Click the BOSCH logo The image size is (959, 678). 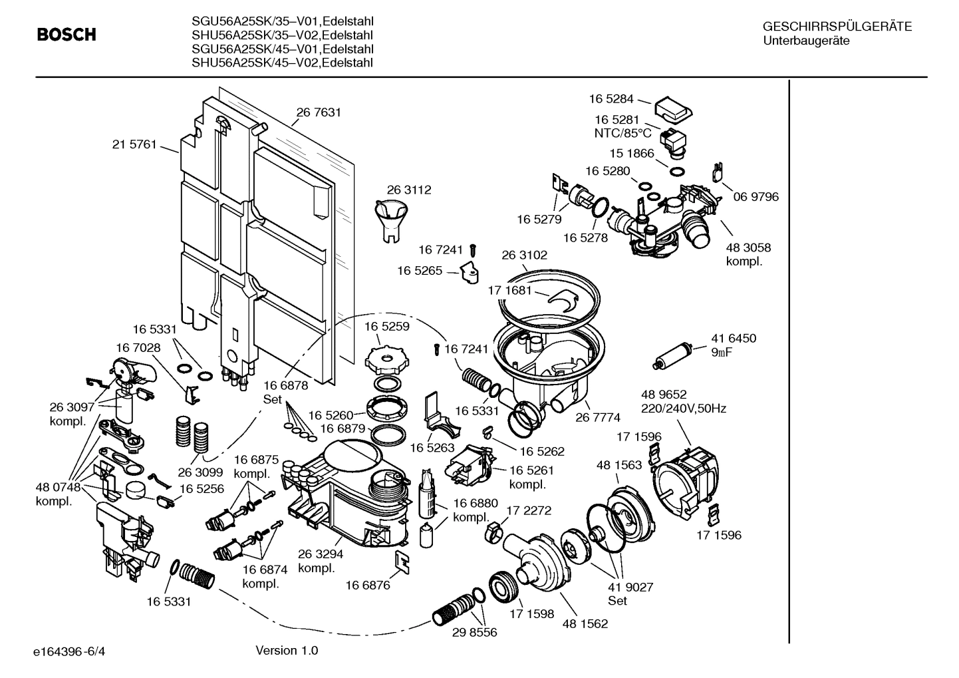67,35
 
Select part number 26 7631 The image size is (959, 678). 319,112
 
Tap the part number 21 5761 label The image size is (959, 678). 134,144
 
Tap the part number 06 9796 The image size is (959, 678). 756,197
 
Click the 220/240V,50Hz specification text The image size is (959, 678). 683,409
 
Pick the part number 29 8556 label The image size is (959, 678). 475,633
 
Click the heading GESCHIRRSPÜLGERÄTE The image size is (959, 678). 837,27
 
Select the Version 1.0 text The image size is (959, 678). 287,650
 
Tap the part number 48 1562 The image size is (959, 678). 585,623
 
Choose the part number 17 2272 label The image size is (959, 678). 529,510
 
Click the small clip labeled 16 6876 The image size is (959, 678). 403,562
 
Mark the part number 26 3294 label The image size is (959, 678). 321,554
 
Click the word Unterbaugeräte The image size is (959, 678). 806,41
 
